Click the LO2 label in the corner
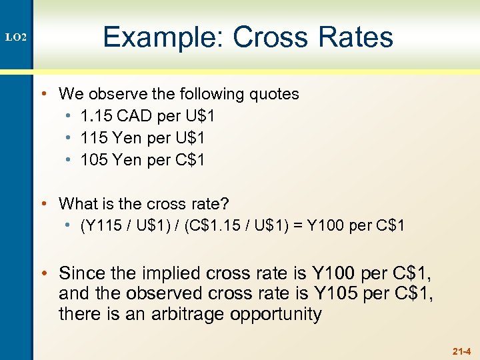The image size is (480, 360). (x=16, y=38)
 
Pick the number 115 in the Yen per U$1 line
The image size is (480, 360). (x=93, y=138)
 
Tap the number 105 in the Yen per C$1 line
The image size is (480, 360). (x=93, y=160)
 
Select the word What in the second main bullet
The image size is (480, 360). (x=78, y=203)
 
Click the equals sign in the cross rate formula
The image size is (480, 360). (x=296, y=225)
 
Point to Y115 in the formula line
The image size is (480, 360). (x=99, y=225)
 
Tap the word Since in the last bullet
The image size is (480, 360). (x=81, y=273)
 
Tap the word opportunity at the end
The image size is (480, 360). (x=275, y=315)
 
